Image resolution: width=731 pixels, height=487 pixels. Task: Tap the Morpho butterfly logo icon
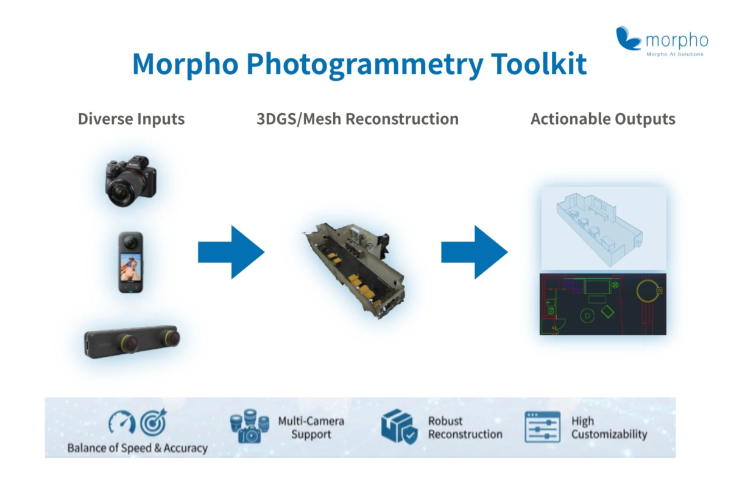[628, 38]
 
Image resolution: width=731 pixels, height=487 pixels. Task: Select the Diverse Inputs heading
[131, 119]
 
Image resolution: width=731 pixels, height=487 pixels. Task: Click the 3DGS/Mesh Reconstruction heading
[358, 119]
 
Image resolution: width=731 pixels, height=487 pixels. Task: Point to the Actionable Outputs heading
[602, 119]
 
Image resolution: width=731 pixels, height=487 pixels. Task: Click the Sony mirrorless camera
[130, 182]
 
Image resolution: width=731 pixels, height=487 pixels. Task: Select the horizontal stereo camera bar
[132, 343]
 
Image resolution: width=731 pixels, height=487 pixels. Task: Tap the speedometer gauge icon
[121, 422]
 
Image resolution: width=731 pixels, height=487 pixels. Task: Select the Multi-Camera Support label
[311, 427]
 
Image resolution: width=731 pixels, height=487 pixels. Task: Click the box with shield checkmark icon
[399, 427]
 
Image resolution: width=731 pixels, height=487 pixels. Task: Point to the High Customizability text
[609, 427]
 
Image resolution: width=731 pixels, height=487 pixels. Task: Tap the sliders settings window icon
[542, 427]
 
